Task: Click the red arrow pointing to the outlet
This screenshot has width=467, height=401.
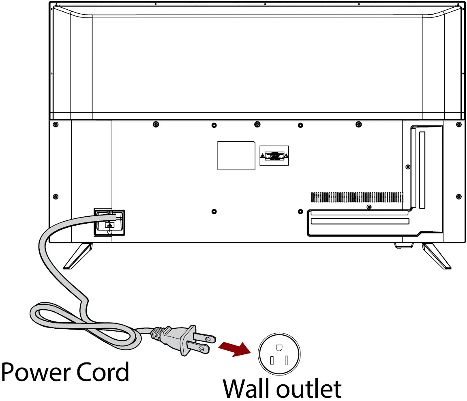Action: [233, 349]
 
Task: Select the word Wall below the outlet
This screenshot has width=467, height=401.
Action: [248, 389]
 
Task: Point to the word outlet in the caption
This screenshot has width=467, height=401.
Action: [309, 389]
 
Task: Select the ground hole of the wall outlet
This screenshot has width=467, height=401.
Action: [278, 348]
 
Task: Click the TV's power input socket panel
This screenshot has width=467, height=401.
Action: [109, 222]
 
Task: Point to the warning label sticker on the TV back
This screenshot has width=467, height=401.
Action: [274, 155]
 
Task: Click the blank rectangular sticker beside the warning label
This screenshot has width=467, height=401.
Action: [236, 155]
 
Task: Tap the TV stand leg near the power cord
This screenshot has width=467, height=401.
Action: [78, 256]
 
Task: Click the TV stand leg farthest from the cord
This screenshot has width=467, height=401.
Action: [436, 256]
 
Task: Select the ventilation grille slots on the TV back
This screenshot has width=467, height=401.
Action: [357, 198]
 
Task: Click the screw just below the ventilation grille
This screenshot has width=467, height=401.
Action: [368, 207]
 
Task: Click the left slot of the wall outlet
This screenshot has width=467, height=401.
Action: [272, 360]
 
